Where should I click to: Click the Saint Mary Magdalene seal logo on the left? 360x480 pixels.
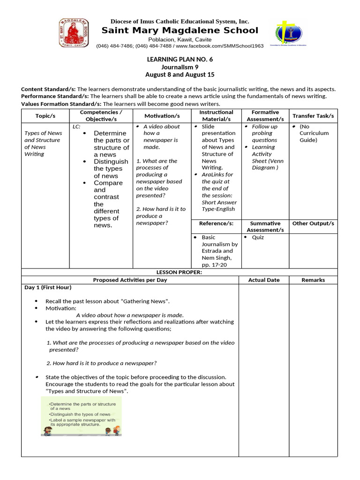[73, 33]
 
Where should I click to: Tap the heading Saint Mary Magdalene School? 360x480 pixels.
[180, 30]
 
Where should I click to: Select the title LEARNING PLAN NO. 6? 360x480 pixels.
[180, 59]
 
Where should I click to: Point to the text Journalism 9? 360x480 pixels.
[180, 67]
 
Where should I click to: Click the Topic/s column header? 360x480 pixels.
[45, 116]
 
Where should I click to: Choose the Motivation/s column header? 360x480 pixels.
[162, 116]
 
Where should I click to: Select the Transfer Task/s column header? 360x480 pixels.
[313, 116]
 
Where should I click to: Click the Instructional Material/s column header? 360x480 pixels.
[216, 116]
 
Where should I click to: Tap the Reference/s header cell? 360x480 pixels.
[216, 224]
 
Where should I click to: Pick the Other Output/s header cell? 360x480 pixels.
[313, 224]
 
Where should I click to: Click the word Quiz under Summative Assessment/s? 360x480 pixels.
[258, 237]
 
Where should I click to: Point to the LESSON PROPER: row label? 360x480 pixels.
[179, 272]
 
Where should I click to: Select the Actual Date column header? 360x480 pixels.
[263, 280]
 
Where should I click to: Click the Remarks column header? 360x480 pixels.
[313, 280]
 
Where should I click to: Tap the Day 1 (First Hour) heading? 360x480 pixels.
[48, 287]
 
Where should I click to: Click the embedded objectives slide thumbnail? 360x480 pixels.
[81, 416]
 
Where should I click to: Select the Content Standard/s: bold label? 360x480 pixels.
[48, 89]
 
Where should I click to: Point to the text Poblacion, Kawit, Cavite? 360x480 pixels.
[180, 39]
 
